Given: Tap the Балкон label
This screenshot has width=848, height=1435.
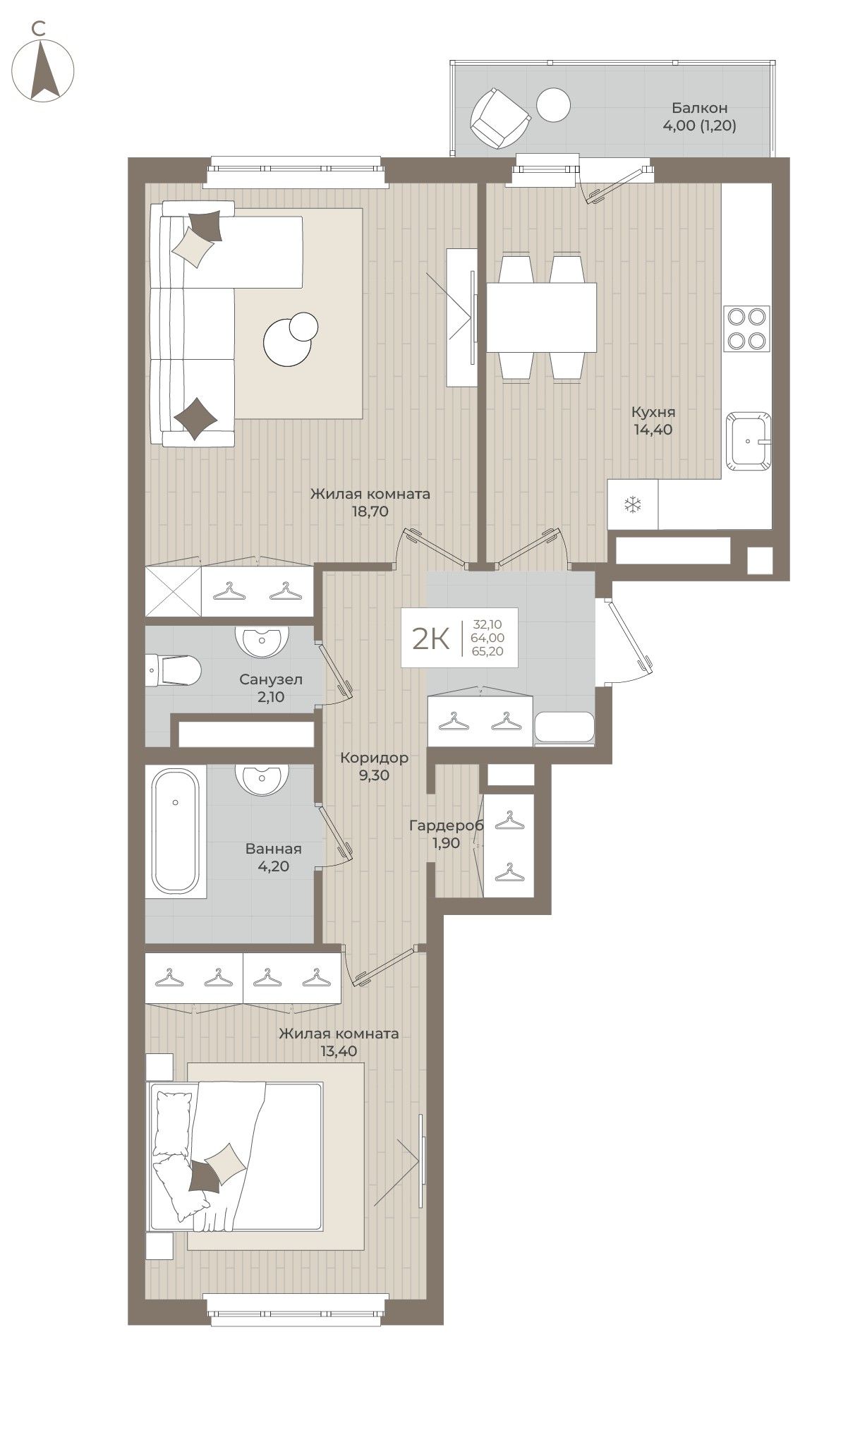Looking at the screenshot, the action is coord(699,108).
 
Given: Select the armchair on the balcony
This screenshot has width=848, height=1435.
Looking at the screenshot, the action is coord(499,117).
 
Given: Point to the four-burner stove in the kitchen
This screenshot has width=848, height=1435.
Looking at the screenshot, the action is coord(746,329).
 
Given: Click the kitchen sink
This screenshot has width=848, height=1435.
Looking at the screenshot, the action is coord(750,440).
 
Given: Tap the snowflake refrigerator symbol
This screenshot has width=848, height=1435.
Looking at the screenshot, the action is coord(633,504).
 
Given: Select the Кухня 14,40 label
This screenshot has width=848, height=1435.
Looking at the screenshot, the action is coord(653,420).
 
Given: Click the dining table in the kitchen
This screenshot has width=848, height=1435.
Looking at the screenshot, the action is coord(542,317).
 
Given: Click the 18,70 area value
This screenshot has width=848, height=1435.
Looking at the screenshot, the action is coord(370,511).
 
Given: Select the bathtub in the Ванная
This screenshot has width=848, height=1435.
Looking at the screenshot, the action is coord(176,831).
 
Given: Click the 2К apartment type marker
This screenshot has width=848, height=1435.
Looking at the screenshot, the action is coord(431,638).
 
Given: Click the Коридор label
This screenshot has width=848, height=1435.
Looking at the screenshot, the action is coord(374,758).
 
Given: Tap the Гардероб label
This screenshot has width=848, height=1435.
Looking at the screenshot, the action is coord(446,825).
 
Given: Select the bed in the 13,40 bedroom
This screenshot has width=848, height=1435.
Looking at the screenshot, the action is coord(236,1158).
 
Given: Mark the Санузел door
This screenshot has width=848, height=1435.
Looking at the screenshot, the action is coord(335,672).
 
